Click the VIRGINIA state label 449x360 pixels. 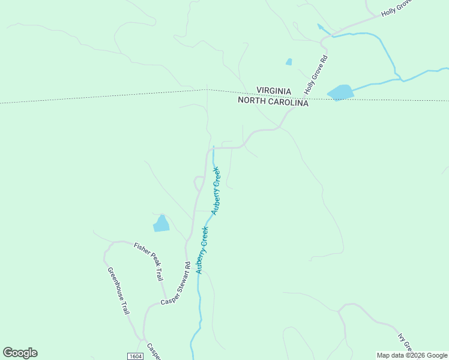[274, 91]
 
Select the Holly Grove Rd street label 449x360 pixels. [317, 76]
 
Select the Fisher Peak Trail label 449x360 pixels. [149, 262]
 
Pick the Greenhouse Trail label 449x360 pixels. [118, 291]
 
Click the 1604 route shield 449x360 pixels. [135, 356]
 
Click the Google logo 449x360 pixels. [20, 353]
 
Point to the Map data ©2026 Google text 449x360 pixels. [412, 355]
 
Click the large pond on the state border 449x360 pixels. [340, 92]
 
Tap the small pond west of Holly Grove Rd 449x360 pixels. [289, 62]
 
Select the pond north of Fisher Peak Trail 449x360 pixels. [161, 224]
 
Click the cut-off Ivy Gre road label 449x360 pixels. [406, 342]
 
